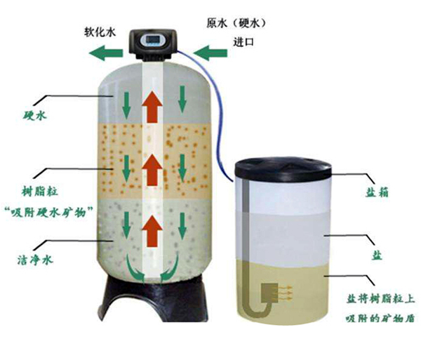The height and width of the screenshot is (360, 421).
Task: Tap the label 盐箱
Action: tap(385, 191)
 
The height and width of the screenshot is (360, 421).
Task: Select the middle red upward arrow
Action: tap(150, 168)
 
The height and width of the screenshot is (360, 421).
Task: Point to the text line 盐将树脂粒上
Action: tap(382, 297)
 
